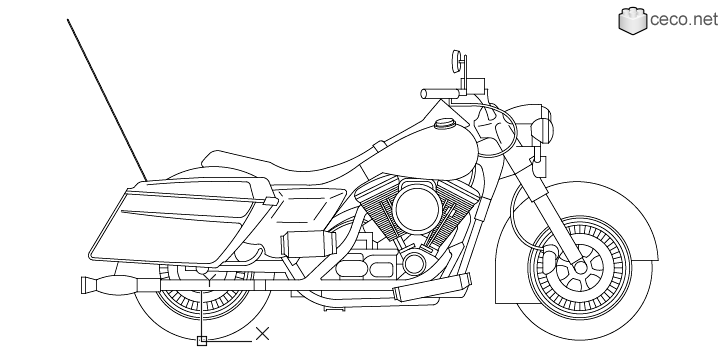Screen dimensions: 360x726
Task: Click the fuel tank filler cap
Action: tap(442, 125)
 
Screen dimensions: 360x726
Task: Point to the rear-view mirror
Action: tap(457, 59)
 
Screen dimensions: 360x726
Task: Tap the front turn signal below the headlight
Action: tap(537, 158)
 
